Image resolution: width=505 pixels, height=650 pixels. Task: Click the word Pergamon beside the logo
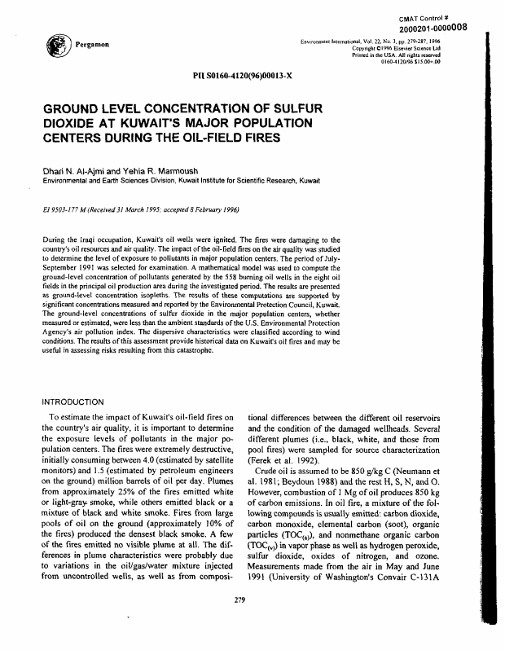(89, 46)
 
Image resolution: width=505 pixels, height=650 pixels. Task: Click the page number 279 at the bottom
(240, 622)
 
